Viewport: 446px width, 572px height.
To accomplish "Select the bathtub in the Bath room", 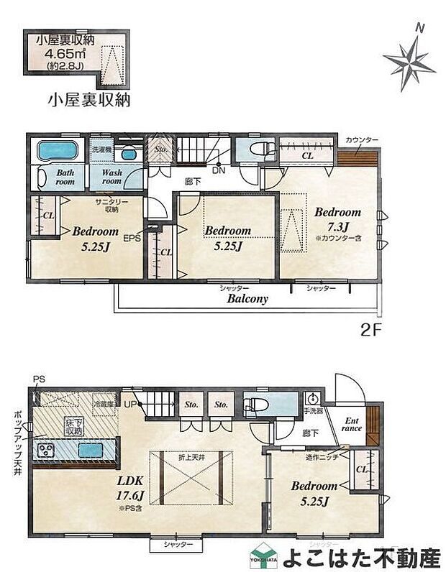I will tap(56, 152).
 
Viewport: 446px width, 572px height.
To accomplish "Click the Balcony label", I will tap(248, 299).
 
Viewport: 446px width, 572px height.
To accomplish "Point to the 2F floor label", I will tap(369, 334).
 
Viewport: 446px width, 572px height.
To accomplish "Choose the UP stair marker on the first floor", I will tap(131, 405).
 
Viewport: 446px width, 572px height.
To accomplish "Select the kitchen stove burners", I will tap(48, 451).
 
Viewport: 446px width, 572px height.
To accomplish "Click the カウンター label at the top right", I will tap(361, 139).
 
